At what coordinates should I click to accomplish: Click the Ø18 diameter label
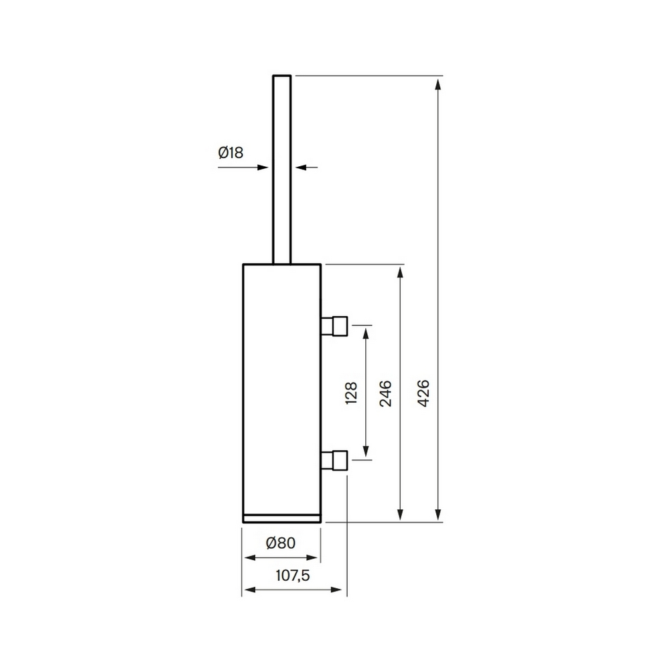pyautogui.click(x=230, y=152)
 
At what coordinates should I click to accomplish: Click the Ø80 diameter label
pyautogui.click(x=280, y=543)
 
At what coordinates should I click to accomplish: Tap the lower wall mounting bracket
pyautogui.click(x=334, y=460)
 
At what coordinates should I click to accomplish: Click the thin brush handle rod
pyautogui.click(x=281, y=167)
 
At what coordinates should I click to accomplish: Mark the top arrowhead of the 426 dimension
pyautogui.click(x=438, y=83)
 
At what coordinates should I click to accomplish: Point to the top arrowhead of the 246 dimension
pyautogui.click(x=401, y=271)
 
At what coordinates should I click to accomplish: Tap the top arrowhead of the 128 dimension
pyautogui.click(x=366, y=332)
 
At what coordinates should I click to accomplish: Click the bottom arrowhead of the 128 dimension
pyautogui.click(x=366, y=453)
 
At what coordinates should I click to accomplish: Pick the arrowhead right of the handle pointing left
pyautogui.click(x=301, y=167)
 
